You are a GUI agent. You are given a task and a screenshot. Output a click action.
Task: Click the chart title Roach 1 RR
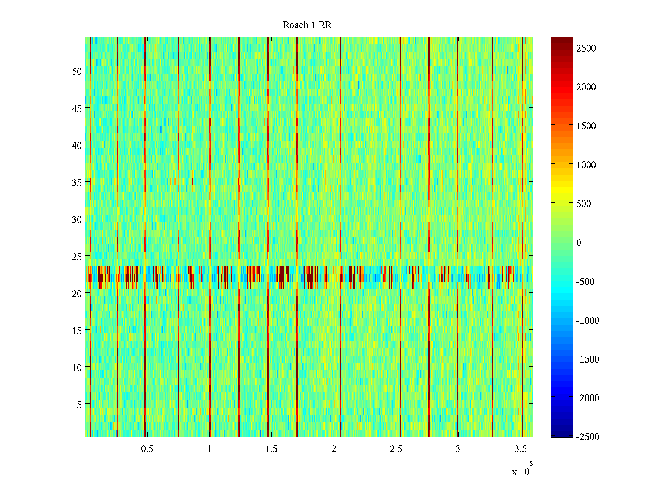click(307, 25)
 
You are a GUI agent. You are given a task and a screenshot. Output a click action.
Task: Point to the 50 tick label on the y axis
click(77, 71)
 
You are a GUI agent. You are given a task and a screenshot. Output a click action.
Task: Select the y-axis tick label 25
click(77, 257)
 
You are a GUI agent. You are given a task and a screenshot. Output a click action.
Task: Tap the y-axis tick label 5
click(79, 405)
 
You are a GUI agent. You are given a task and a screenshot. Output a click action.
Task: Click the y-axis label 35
click(77, 182)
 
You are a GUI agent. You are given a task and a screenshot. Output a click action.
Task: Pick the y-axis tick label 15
click(77, 331)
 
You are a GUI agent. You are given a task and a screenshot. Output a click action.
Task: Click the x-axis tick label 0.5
click(147, 449)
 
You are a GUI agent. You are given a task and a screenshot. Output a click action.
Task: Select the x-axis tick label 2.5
click(396, 449)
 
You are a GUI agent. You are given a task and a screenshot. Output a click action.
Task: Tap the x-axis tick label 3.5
click(520, 449)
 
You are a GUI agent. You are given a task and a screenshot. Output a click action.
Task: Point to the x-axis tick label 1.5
click(271, 449)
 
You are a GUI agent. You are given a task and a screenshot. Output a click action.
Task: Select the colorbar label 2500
click(586, 48)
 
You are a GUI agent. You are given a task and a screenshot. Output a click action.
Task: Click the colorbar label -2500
click(587, 437)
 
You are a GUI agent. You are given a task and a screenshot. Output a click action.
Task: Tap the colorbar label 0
click(579, 243)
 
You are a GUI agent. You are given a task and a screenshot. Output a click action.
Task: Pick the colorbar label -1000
click(587, 320)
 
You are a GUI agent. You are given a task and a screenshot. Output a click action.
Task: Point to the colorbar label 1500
click(586, 126)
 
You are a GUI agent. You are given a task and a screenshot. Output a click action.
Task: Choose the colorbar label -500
click(585, 282)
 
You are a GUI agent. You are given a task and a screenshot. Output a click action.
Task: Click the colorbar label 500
click(584, 204)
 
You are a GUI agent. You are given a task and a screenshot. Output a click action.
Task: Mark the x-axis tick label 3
click(458, 449)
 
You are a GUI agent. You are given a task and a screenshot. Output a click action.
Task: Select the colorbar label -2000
click(587, 398)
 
